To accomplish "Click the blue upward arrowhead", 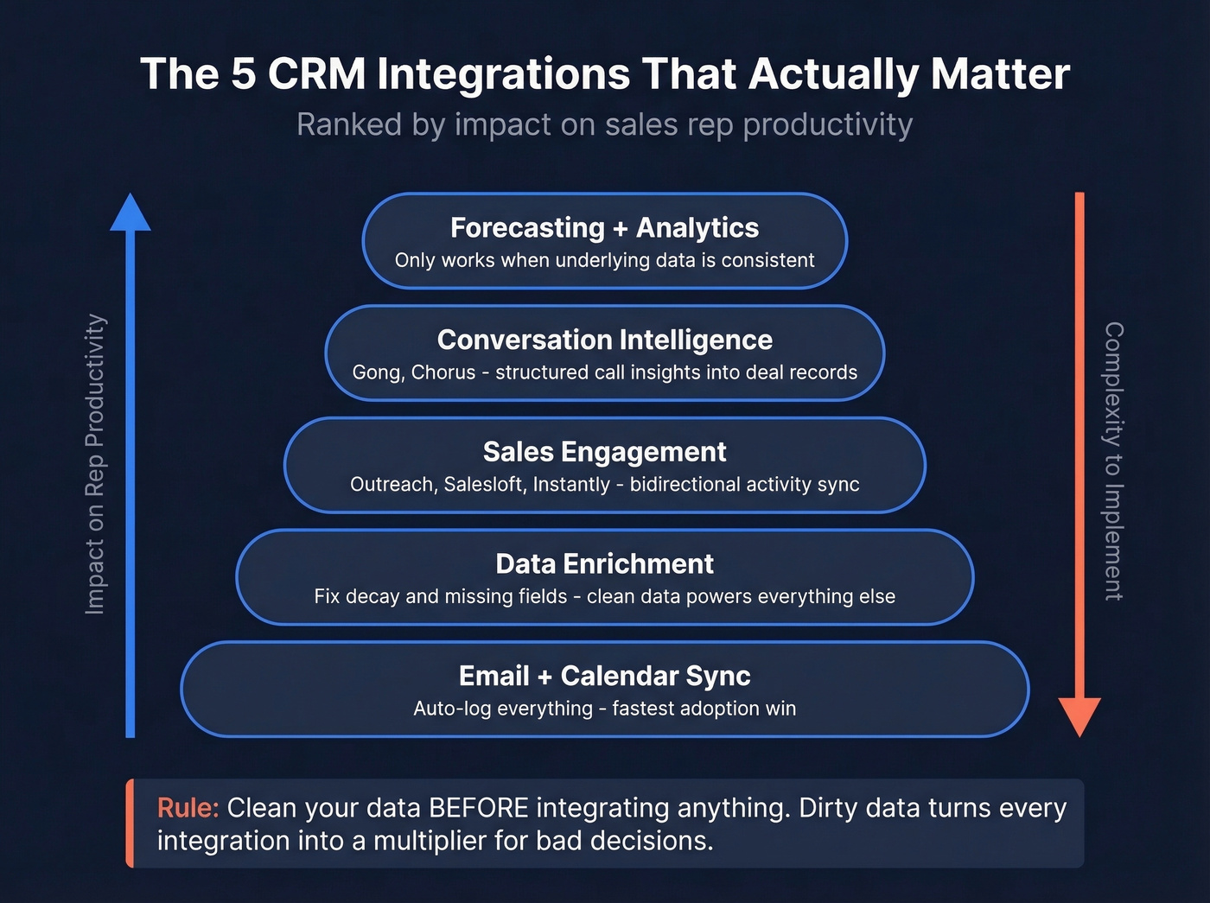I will (x=131, y=213).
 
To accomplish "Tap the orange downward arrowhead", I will (x=1079, y=715).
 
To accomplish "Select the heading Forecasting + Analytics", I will (x=604, y=228).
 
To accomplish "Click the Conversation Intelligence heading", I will (x=604, y=340).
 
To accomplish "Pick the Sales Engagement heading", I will (x=604, y=452).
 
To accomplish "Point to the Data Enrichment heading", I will (x=604, y=564).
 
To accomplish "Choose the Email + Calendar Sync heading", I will (x=604, y=676).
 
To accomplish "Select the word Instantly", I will (x=571, y=485).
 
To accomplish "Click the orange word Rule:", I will (x=188, y=808).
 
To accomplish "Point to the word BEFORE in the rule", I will (x=478, y=808).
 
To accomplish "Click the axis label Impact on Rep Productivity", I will (x=95, y=464).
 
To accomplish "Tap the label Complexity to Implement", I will (x=1114, y=461).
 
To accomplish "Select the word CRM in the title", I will (x=316, y=74).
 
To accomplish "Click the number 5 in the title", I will (x=244, y=74).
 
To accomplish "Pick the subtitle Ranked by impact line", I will (x=604, y=125).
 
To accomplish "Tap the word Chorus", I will (x=443, y=372).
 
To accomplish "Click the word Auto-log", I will (x=452, y=709).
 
